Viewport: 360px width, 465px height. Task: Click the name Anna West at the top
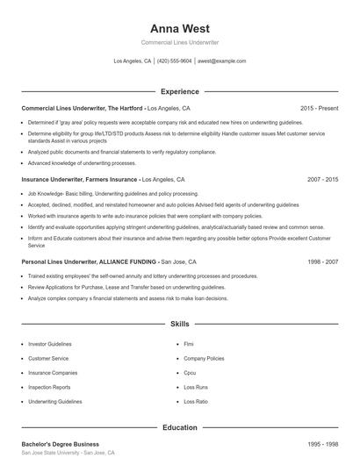coord(179,28)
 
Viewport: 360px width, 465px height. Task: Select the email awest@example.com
coord(221,61)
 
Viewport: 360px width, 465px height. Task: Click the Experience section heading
coord(179,91)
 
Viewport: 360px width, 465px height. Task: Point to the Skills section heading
coord(179,324)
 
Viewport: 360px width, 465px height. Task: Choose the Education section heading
coord(179,427)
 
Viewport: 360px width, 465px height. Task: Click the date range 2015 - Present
coord(319,108)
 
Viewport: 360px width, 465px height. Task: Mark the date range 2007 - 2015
coord(322,179)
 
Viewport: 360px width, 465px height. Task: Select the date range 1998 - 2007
coord(322,261)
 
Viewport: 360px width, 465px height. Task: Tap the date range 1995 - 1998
coord(322,444)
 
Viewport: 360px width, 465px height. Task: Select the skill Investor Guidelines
coord(49,345)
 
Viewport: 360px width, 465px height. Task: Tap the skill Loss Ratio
coord(196,401)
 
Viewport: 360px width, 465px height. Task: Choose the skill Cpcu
coord(191,373)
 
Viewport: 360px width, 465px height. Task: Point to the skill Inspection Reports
coord(49,387)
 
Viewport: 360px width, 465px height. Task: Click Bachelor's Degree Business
coord(61,444)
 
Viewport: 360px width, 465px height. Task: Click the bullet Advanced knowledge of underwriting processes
coord(82,163)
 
